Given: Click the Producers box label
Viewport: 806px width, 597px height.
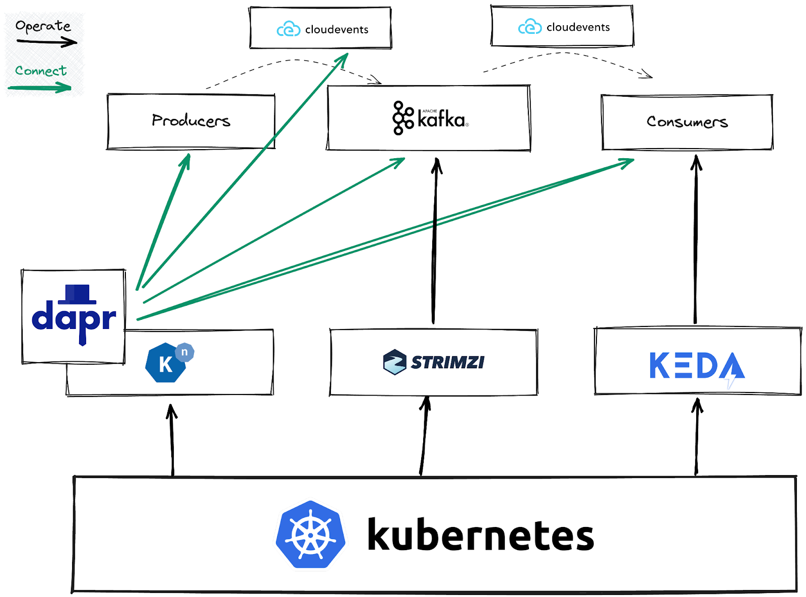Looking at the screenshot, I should point(191,120).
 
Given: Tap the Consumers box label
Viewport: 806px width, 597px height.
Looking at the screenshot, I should point(687,122).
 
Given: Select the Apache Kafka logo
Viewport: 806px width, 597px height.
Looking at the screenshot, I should point(430,118).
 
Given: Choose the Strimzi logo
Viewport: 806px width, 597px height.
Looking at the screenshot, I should point(434,362).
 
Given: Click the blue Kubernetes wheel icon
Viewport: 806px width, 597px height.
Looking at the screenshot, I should point(311,535).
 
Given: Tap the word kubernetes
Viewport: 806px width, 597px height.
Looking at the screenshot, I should point(481,535).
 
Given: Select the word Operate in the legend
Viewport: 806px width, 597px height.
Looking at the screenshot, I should point(43,26).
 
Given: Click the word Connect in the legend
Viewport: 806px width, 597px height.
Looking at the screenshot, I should point(41,71).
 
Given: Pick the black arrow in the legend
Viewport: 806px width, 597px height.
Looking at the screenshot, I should point(46,42).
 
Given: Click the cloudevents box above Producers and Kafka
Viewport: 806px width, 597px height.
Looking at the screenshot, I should point(320,29).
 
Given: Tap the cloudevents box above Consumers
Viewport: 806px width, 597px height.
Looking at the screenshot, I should point(562,26).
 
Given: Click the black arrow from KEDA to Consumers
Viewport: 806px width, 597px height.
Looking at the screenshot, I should point(696,242).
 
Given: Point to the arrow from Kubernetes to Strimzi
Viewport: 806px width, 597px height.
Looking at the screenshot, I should point(424,436).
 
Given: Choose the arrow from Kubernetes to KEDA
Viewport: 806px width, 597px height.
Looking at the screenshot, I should point(697,436).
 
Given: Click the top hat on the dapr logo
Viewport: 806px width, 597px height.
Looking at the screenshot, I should point(77,294).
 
